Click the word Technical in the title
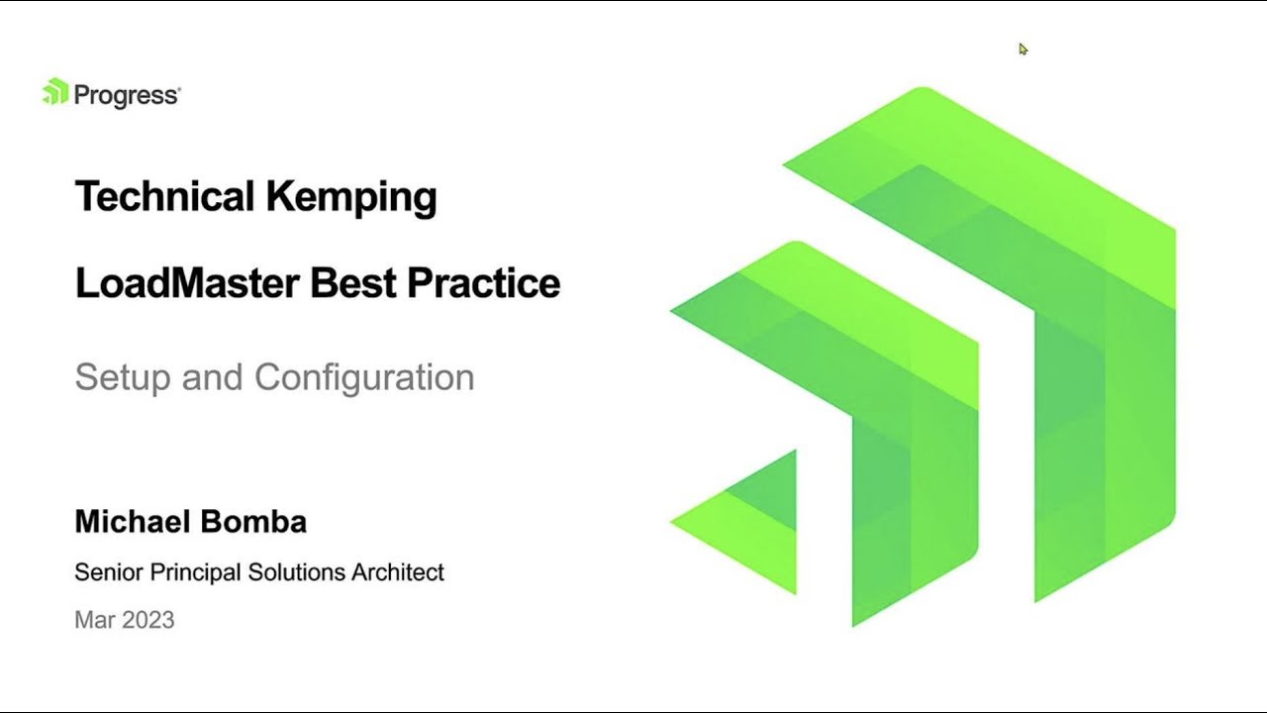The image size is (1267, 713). pyautogui.click(x=163, y=196)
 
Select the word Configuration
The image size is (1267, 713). pyautogui.click(x=364, y=377)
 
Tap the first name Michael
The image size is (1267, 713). pyautogui.click(x=127, y=522)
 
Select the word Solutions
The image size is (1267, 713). pyautogui.click(x=295, y=571)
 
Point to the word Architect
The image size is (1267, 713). pyautogui.click(x=398, y=571)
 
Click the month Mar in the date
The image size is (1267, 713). pyautogui.click(x=92, y=620)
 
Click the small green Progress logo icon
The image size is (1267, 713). pyautogui.click(x=54, y=92)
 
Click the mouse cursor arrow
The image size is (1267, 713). pyautogui.click(x=1023, y=49)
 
